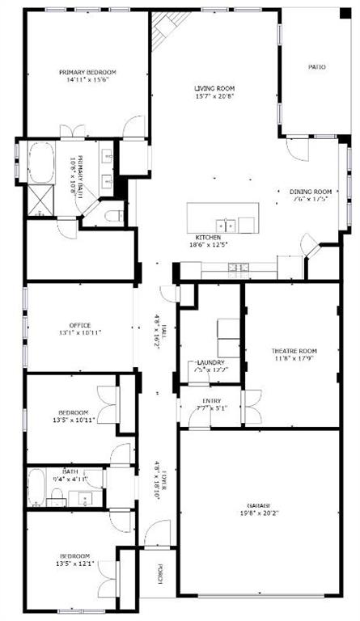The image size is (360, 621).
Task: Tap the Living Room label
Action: (x=214, y=88)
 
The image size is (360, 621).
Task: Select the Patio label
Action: (x=317, y=67)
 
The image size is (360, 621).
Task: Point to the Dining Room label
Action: (x=311, y=192)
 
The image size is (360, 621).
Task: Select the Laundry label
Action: (x=210, y=362)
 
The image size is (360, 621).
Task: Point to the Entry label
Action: (x=210, y=399)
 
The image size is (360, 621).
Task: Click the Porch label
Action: (x=160, y=572)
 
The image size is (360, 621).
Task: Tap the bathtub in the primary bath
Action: (x=40, y=162)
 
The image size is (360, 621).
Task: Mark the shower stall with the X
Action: (x=40, y=199)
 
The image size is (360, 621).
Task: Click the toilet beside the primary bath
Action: (x=112, y=216)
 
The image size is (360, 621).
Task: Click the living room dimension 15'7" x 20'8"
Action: (x=214, y=96)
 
